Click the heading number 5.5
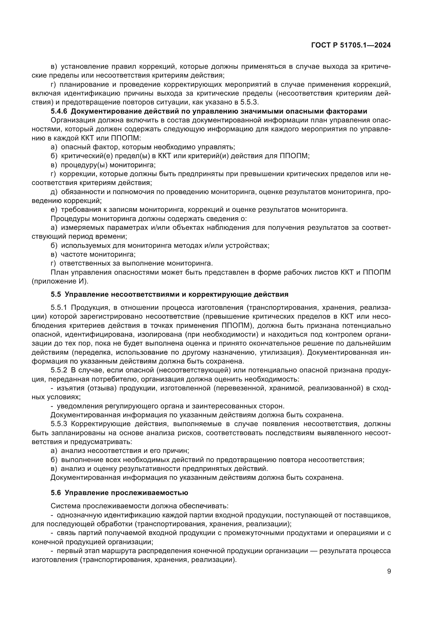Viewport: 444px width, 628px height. point(56,294)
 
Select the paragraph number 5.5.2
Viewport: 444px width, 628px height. point(59,370)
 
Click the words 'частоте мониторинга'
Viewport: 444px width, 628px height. point(98,254)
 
